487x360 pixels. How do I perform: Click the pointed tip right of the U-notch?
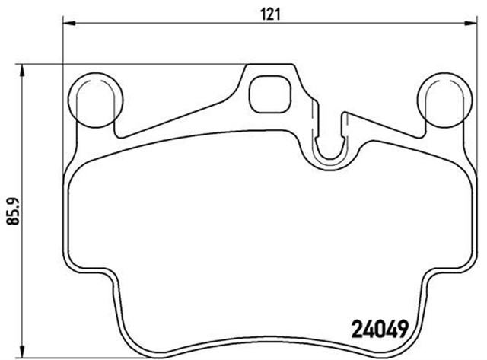[x=347, y=115]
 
